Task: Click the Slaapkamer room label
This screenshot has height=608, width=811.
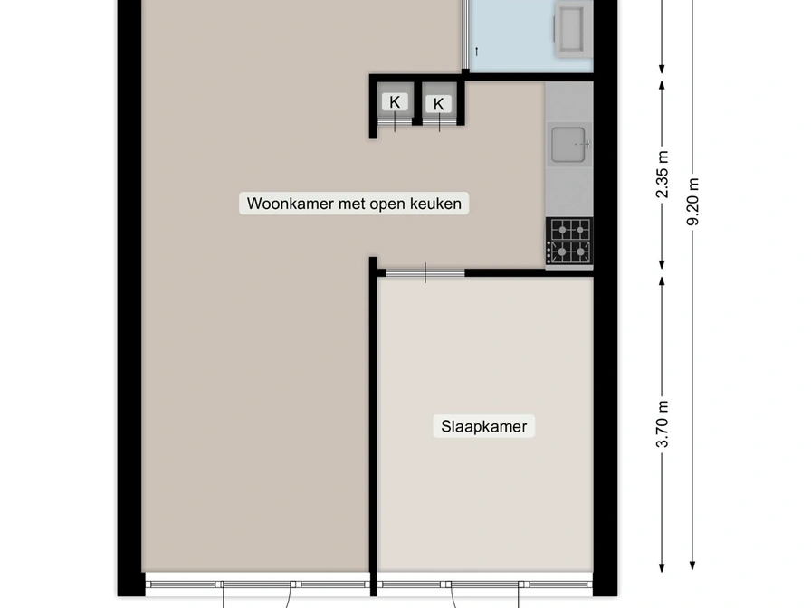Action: (x=483, y=426)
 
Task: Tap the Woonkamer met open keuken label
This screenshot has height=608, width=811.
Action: (x=354, y=204)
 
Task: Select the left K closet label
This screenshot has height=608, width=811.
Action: (x=395, y=102)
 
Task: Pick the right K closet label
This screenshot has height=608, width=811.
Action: (x=438, y=104)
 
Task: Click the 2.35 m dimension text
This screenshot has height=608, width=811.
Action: (x=663, y=175)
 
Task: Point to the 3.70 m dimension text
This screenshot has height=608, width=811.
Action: (x=663, y=424)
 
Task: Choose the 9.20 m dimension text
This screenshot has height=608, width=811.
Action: (x=693, y=202)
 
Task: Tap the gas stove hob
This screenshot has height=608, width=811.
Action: (x=569, y=242)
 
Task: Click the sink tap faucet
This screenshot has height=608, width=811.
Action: (x=584, y=144)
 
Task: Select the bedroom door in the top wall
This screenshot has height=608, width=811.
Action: (x=425, y=273)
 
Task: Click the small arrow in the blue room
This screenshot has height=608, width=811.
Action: (x=476, y=52)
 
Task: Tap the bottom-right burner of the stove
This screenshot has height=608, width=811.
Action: (x=580, y=252)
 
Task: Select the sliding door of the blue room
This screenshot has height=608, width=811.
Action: (x=465, y=34)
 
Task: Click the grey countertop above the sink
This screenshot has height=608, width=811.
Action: (x=569, y=102)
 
